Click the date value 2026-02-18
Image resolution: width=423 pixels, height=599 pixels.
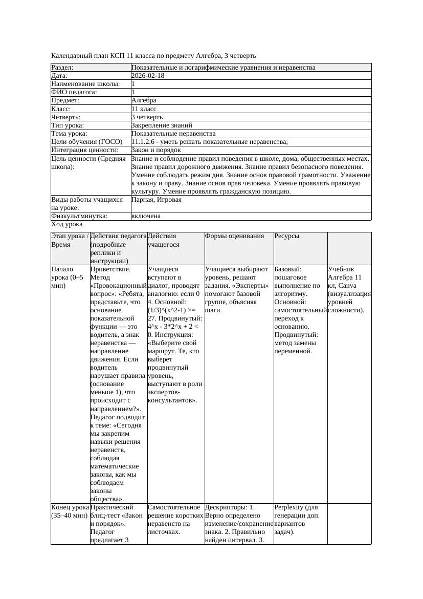[x=148, y=76]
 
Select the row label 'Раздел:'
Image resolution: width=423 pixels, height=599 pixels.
[x=62, y=68]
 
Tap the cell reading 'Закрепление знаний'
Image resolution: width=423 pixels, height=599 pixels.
[x=162, y=125]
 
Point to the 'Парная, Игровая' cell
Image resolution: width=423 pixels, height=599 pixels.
[x=157, y=200]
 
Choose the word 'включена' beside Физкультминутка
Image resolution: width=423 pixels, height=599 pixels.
[x=146, y=216]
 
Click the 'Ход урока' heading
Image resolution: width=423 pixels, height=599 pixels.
[x=67, y=224]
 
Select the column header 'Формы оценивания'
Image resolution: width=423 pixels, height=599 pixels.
[x=234, y=236]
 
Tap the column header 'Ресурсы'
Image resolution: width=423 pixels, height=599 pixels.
[x=286, y=236]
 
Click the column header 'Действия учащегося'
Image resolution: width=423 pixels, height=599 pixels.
[x=162, y=240]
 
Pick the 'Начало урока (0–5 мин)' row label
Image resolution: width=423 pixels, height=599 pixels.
[x=66, y=277]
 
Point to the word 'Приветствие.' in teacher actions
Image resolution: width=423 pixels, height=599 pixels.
[x=110, y=269]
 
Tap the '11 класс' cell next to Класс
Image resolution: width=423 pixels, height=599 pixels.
[x=144, y=109]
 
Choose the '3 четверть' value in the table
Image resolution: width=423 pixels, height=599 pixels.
[x=147, y=117]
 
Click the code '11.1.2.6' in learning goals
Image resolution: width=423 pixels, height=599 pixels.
[x=145, y=142]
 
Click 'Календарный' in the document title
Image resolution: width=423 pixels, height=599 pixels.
[x=71, y=55]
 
